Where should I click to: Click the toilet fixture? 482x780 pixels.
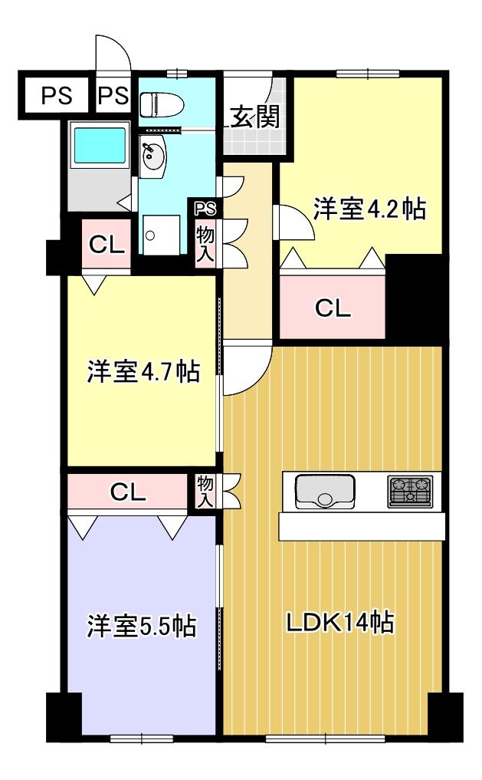click(157, 103)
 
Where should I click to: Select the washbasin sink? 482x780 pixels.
click(154, 158)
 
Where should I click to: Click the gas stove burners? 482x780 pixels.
click(410, 491)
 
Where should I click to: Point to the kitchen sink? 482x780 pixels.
click(325, 491)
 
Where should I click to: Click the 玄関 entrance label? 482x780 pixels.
click(254, 118)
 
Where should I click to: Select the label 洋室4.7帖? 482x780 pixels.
click(143, 372)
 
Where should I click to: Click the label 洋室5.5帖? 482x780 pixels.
click(141, 626)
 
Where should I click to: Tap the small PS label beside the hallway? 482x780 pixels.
click(205, 208)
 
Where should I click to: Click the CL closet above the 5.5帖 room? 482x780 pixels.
click(128, 492)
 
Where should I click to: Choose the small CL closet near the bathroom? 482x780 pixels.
click(107, 245)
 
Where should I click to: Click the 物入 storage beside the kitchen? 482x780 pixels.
click(205, 492)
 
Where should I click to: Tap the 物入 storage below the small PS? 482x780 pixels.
click(205, 242)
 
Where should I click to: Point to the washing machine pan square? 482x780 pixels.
click(162, 234)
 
